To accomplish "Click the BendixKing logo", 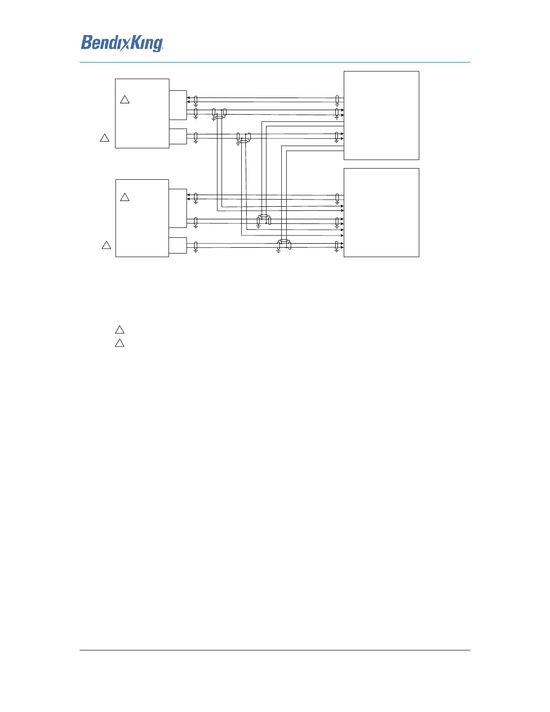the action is pos(122,43).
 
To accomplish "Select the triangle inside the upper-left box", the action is pos(125,100).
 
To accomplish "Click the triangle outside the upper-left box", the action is pos(104,138).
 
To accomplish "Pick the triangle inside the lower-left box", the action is pos(125,197).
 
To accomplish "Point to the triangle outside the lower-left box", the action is pos(106,245).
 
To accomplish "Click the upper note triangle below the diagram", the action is pos(120,330).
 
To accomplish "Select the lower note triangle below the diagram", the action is pos(120,343).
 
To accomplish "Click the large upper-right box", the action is pos(381,115).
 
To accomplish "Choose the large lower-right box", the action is pos(381,212).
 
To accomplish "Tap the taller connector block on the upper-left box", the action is pos(177,105).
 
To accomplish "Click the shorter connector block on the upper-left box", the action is pos(177,136).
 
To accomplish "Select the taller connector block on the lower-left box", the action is pos(177,208).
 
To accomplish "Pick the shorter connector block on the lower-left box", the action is pos(177,245).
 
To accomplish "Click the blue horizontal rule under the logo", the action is pos(275,62).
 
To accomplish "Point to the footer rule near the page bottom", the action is pos(275,650).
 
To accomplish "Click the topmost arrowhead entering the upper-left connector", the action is pos(188,98).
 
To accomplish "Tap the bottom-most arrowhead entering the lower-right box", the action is pos(342,247).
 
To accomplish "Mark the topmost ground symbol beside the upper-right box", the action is pos(337,105).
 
